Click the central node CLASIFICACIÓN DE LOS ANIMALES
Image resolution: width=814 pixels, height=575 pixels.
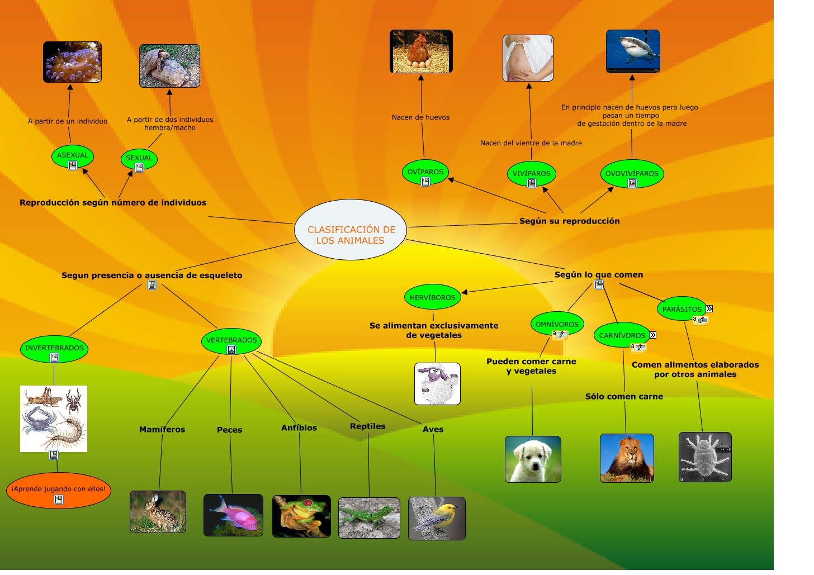351,230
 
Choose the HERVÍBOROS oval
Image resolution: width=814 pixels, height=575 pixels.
432,297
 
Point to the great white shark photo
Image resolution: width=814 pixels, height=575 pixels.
633,51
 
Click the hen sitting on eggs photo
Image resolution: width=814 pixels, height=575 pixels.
421,51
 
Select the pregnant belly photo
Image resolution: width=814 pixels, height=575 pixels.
528,58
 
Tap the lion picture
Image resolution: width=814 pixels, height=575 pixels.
627,458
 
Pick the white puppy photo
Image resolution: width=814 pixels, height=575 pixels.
533,459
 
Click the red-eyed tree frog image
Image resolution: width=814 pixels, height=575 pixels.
301,516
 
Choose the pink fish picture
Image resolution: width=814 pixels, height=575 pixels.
233,515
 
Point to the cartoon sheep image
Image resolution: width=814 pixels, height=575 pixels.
437,384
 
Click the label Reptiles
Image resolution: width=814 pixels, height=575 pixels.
367,426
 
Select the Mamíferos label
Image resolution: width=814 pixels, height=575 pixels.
162,430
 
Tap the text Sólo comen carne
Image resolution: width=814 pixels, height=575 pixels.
624,397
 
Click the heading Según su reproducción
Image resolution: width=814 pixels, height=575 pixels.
569,221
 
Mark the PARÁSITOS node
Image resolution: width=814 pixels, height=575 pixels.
682,308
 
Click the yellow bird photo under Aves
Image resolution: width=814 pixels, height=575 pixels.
437,518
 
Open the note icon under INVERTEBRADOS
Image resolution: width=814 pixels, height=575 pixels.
54,358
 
